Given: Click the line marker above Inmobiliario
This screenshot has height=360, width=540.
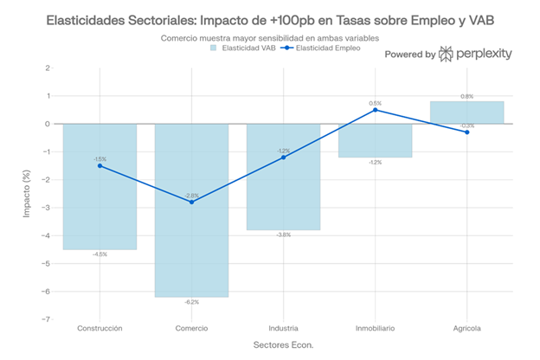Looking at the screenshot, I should (x=375, y=110).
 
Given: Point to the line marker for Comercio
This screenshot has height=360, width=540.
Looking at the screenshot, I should (x=191, y=202).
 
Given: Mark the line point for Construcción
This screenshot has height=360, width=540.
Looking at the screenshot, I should (x=100, y=165).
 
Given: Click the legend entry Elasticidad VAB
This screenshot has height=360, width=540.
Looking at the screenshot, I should (x=244, y=49).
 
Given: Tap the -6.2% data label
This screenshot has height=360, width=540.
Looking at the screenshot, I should (x=191, y=302).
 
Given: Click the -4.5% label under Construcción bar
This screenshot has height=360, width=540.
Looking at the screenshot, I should (x=100, y=254).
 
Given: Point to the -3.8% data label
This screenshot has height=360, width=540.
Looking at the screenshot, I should (x=283, y=235).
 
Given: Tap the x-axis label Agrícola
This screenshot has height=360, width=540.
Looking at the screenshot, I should (x=466, y=329).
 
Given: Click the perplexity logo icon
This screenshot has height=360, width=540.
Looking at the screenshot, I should (x=446, y=54).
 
